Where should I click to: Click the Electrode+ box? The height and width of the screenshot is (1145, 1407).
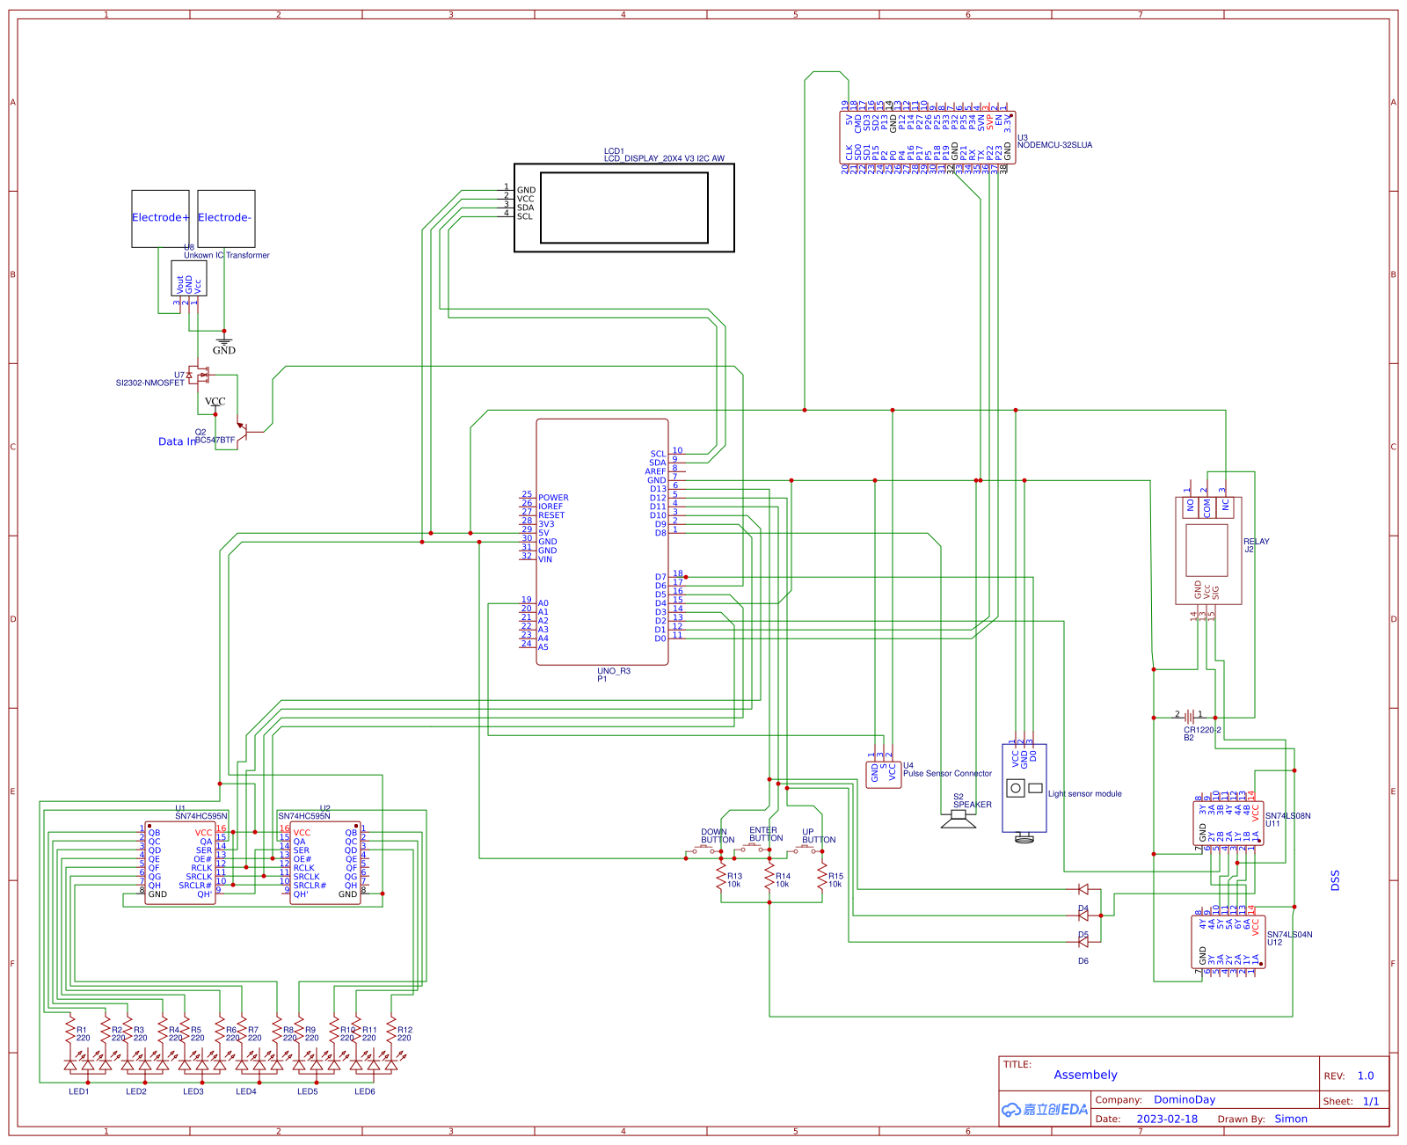click(x=160, y=218)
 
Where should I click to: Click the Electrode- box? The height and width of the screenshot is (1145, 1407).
click(x=226, y=218)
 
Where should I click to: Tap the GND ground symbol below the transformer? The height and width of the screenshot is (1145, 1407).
click(x=224, y=340)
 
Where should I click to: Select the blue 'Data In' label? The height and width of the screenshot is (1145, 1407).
click(x=177, y=441)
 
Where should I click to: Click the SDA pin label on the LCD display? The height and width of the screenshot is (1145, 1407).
click(x=526, y=208)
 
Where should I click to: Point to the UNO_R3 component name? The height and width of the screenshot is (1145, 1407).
click(x=614, y=671)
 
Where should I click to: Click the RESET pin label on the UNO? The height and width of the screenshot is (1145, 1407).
click(x=551, y=515)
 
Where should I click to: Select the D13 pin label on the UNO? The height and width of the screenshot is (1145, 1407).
click(x=658, y=489)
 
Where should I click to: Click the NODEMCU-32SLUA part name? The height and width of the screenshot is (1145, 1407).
click(x=1054, y=145)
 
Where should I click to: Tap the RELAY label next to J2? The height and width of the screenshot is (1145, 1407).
click(x=1256, y=542)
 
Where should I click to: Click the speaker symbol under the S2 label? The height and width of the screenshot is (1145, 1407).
click(x=959, y=820)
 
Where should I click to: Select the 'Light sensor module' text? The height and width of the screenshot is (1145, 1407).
click(x=1084, y=793)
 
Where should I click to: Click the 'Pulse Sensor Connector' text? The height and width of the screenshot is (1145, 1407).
click(x=947, y=774)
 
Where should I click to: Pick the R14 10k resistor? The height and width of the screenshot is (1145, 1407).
click(x=769, y=879)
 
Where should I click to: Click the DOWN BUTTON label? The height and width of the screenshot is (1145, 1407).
click(x=717, y=835)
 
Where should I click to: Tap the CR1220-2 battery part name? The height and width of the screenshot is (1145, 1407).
click(x=1202, y=730)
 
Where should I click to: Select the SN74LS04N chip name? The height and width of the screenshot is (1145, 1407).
click(x=1289, y=935)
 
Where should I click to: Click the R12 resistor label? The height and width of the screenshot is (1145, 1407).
click(x=405, y=1030)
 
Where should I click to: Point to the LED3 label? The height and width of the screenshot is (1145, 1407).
click(x=193, y=1091)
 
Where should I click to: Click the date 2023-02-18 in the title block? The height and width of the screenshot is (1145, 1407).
click(x=1167, y=1119)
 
